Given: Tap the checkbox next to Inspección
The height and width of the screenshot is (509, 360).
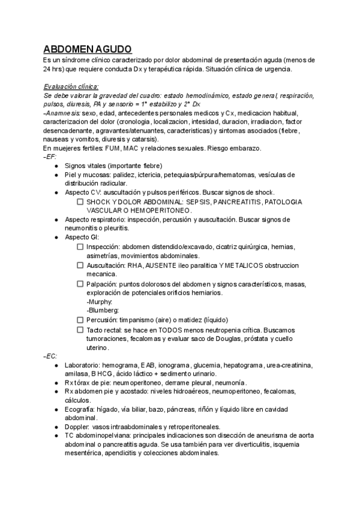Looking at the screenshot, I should click(80, 247).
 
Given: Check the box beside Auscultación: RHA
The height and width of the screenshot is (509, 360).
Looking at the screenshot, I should click(80, 265).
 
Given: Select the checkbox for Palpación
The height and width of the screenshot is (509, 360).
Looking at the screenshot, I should click(80, 283).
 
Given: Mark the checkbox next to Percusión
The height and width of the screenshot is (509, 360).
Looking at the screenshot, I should click(80, 320).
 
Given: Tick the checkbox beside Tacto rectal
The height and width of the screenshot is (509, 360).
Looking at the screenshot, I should click(80, 330).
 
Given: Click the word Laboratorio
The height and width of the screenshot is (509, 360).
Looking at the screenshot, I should click(84, 365).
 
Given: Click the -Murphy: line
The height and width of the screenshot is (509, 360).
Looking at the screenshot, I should click(100, 301).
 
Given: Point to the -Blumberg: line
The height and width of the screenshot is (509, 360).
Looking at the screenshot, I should click(103, 310).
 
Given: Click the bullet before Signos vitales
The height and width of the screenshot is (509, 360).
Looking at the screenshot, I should click(56, 166).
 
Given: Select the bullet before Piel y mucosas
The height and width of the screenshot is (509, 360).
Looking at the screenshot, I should click(56, 175).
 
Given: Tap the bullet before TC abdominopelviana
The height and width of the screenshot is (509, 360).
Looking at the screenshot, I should click(56, 436).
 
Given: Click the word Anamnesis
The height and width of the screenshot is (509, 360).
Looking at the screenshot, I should click(64, 113).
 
